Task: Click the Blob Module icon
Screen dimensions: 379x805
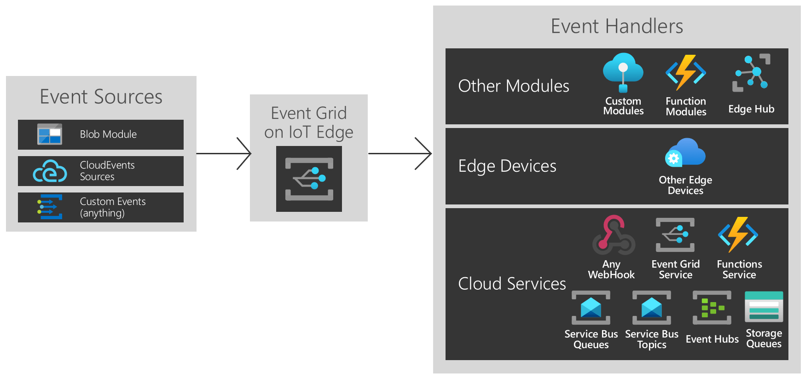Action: pos(50,134)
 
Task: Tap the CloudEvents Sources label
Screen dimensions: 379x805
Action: pos(107,171)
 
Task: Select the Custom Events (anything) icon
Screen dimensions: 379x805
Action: pos(50,207)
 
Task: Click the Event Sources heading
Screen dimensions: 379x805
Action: pos(101,97)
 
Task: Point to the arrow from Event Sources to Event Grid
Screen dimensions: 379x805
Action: pos(223,153)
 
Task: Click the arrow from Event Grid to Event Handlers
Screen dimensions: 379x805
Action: pos(400,153)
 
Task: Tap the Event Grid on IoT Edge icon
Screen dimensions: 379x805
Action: pos(309,179)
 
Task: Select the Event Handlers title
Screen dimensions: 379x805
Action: pos(617,26)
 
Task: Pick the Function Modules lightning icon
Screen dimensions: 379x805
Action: pos(685,72)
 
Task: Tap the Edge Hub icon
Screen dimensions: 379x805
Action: pos(751,73)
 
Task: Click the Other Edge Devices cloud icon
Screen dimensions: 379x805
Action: pos(685,153)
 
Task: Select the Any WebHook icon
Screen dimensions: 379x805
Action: pos(614,235)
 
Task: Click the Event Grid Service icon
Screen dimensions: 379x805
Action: pos(675,235)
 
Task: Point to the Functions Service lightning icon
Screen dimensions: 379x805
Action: pos(738,234)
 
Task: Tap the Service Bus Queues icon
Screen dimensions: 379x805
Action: pos(591,308)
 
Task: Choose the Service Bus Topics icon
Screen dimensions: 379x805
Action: pos(651,308)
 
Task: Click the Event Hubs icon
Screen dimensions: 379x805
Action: pos(712,308)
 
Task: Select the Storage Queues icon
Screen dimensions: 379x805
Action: pos(764,307)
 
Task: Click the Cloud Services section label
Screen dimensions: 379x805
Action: pos(512,284)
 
